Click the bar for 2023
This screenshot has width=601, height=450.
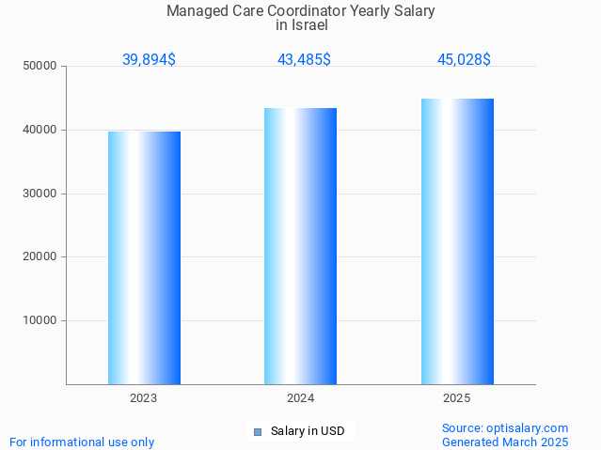144,257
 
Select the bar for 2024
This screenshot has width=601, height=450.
300,246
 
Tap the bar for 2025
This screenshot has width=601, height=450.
457,241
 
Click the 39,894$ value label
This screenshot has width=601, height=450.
149,59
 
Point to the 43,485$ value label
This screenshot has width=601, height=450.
304,59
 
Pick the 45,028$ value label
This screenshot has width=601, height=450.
464,59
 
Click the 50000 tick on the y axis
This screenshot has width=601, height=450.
40,67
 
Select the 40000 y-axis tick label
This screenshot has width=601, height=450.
40,130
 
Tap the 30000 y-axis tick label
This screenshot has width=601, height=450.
40,194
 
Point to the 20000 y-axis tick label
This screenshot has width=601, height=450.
40,256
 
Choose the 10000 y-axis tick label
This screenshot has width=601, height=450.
40,320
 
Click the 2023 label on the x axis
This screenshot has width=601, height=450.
144,398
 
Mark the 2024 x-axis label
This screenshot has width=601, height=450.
300,398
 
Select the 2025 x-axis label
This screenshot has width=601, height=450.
457,398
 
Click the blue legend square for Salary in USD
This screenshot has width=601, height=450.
257,432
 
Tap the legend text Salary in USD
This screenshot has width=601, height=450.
308,432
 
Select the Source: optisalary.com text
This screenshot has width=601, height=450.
505,427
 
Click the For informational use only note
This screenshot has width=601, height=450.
82,442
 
